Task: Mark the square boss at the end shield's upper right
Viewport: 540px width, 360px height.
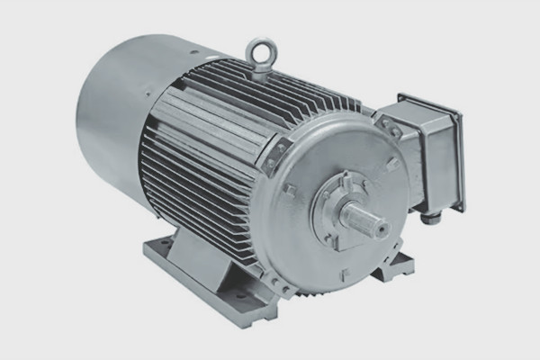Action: point(391,164)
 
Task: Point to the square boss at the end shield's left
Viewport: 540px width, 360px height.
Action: point(289,190)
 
